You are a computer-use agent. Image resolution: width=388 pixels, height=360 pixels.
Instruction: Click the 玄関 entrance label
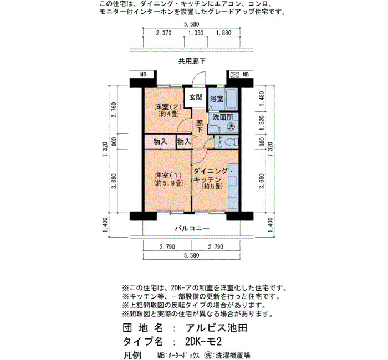pyautogui.click(x=196, y=97)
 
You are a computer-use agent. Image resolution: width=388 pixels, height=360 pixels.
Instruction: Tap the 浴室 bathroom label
pyautogui.click(x=217, y=99)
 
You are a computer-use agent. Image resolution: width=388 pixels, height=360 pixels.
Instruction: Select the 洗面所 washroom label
pyautogui.click(x=223, y=117)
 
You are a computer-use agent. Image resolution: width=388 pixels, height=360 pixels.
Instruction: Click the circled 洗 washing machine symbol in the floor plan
pyautogui.click(x=231, y=127)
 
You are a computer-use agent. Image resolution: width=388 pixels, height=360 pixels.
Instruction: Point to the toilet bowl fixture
pyautogui.click(x=231, y=142)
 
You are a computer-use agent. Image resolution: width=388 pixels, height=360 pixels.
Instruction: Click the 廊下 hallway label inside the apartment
pyautogui.click(x=200, y=126)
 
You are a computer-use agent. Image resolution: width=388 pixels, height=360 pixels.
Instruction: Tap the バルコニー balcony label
pyautogui.click(x=192, y=228)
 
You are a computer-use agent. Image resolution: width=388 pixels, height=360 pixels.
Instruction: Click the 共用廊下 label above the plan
pyautogui.click(x=192, y=61)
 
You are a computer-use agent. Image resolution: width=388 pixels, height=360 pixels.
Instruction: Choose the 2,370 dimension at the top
pyautogui.click(x=164, y=33)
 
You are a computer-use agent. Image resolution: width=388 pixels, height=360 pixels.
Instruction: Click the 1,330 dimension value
pyautogui.click(x=196, y=33)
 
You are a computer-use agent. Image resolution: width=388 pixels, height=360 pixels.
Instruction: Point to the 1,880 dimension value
pyautogui.click(x=223, y=33)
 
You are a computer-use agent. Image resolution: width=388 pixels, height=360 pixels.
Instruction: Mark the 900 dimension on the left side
pyautogui.click(x=114, y=142)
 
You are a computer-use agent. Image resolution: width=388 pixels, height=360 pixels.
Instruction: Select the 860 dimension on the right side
pyautogui.click(x=262, y=142)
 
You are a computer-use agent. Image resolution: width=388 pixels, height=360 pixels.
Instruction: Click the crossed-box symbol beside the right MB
pyautogui.click(x=234, y=74)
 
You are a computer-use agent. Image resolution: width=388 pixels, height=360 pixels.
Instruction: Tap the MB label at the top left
pyautogui.click(x=143, y=74)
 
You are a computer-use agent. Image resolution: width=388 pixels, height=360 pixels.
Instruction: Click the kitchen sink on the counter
pyautogui.click(x=233, y=181)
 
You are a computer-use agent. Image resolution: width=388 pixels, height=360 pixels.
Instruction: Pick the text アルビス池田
pyautogui.click(x=216, y=328)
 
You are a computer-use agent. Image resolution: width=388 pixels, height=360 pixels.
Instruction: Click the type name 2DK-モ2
pyautogui.click(x=203, y=342)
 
